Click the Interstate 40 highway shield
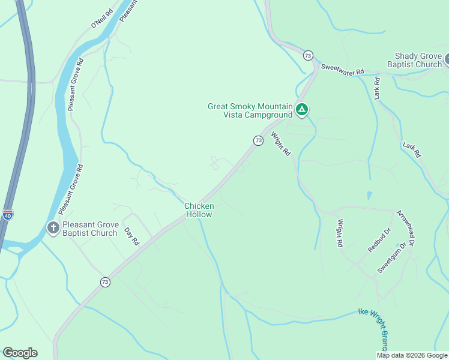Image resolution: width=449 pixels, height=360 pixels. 7,215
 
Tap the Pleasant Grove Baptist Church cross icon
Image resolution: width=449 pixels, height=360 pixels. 53,228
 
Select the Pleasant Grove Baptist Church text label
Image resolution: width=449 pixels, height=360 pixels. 89,229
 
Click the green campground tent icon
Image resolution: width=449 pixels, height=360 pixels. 302,110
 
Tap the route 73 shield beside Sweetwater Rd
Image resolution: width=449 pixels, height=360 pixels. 308,55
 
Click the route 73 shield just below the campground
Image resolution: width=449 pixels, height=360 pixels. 258,140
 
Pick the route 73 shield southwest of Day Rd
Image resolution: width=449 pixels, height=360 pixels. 106,282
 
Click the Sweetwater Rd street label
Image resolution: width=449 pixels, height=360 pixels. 342,70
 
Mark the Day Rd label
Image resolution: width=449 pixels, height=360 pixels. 131,236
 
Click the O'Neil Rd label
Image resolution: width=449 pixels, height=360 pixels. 102,18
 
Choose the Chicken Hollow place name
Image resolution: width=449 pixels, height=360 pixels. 199,210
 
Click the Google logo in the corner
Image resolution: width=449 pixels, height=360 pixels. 20,353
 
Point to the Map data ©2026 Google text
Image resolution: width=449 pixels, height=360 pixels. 412,355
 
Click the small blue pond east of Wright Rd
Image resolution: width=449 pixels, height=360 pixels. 369,196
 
